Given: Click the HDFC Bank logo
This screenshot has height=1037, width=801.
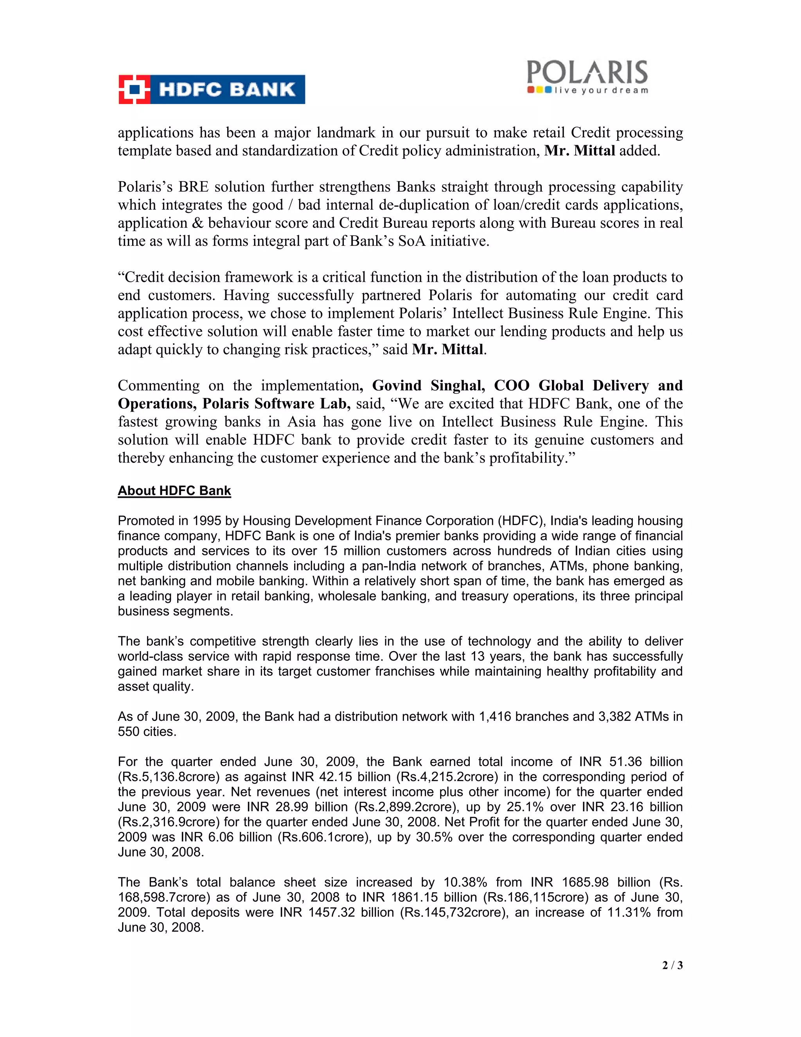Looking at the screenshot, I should (212, 89).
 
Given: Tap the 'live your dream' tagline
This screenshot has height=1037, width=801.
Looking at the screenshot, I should (601, 90).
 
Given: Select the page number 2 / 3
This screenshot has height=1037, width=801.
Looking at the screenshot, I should (672, 965).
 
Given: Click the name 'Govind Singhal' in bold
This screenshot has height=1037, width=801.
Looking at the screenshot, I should (428, 385).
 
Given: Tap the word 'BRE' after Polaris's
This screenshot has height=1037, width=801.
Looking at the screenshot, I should (194, 187).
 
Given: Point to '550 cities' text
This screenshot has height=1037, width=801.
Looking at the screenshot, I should (147, 731).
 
